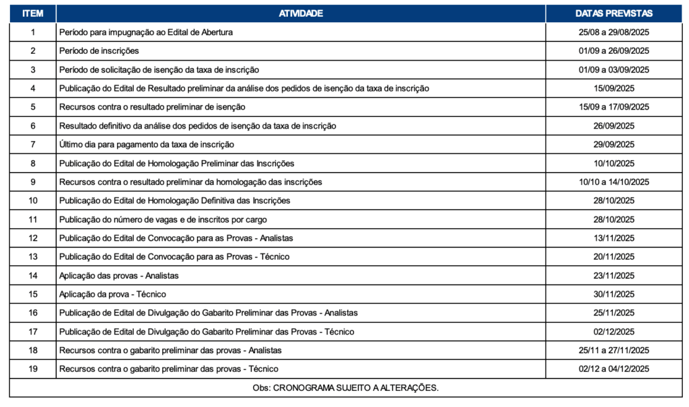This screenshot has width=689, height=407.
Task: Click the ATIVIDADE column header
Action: click(300, 13)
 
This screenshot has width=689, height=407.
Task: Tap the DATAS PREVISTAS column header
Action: click(614, 13)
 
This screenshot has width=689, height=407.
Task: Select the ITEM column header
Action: click(32, 13)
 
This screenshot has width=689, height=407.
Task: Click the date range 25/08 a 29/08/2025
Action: click(614, 32)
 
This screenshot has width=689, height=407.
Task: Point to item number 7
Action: click(32, 145)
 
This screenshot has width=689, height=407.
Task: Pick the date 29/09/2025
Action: click(614, 145)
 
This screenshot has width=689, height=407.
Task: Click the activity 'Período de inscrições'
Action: click(99, 51)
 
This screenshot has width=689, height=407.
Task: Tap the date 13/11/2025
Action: click(614, 238)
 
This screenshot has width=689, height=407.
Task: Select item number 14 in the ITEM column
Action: click(32, 276)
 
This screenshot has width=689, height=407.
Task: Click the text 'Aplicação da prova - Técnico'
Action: click(112, 295)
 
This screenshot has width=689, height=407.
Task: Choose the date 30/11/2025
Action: click(614, 295)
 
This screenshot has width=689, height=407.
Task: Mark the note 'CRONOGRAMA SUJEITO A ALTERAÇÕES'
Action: click(345, 388)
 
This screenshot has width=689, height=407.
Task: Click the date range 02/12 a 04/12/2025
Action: click(614, 369)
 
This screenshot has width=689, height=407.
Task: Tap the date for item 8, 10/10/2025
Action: click(614, 163)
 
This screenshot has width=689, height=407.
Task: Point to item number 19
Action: click(32, 369)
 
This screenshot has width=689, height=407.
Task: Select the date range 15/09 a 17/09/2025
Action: click(614, 107)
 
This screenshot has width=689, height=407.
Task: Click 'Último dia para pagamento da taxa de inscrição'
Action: click(147, 145)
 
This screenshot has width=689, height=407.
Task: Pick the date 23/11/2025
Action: click(614, 276)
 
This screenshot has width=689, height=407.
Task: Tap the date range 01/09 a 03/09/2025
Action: click(614, 70)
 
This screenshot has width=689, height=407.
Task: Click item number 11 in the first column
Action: click(32, 219)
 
